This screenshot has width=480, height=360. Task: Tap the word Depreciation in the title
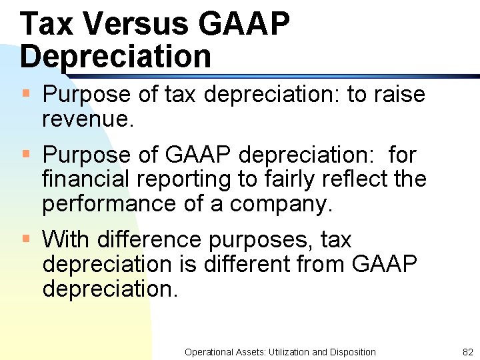pos(115,57)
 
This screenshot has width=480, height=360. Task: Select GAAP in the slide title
pos(244,25)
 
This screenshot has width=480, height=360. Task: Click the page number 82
pos(467,352)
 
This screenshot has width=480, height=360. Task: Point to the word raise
pos(399,95)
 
